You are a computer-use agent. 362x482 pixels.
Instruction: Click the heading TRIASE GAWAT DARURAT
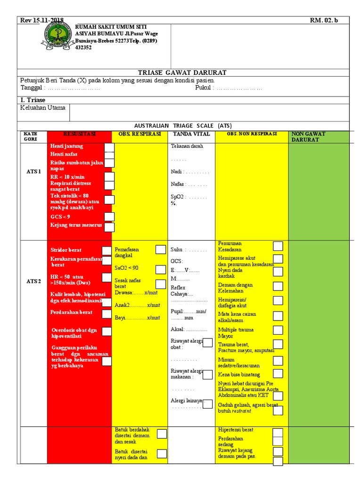click(182, 72)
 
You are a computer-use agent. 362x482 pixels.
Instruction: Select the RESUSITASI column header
click(79, 134)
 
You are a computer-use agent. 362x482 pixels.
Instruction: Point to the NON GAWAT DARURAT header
click(308, 137)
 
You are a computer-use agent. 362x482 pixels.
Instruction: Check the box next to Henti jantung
click(109, 147)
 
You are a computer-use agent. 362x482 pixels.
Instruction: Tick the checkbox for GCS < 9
click(109, 217)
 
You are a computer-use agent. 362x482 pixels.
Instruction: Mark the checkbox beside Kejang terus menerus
click(109, 227)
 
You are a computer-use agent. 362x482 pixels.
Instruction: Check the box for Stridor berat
click(107, 250)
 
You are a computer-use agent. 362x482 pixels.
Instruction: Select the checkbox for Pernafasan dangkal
click(161, 249)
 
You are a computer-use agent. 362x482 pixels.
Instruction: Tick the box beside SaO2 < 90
click(161, 269)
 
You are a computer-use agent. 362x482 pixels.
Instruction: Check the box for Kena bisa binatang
click(278, 373)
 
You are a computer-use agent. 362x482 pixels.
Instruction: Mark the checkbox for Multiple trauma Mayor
click(278, 330)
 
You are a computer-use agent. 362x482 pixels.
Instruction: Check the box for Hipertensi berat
click(278, 432)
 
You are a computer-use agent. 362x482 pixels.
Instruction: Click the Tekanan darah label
click(187, 146)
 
